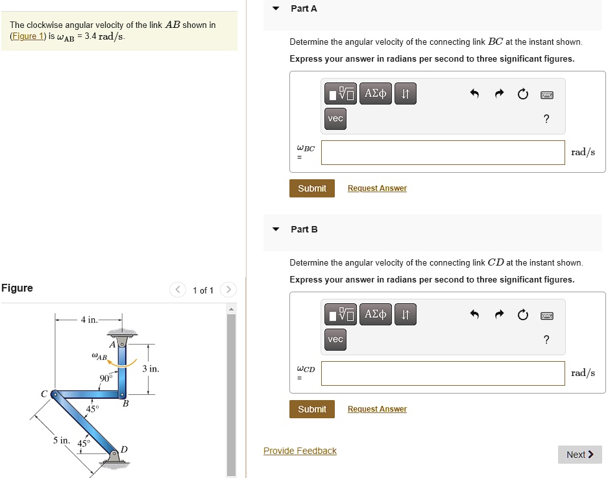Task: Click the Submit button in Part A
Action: click(311, 188)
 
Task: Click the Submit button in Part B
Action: click(311, 409)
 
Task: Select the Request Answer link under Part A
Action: click(377, 188)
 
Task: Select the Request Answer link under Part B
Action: click(377, 409)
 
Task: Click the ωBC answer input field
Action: click(443, 153)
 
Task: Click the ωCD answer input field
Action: click(443, 373)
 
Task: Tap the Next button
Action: click(579, 455)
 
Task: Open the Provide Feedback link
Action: click(300, 451)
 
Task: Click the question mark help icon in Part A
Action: click(546, 118)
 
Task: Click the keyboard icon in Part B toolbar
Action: click(546, 316)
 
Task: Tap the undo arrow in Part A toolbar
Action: click(474, 95)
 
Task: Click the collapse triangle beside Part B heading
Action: click(276, 229)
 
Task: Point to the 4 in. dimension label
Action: click(89, 320)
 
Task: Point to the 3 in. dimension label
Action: click(151, 369)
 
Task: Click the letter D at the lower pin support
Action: click(124, 449)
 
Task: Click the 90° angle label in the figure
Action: click(105, 378)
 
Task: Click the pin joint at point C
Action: click(55, 394)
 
